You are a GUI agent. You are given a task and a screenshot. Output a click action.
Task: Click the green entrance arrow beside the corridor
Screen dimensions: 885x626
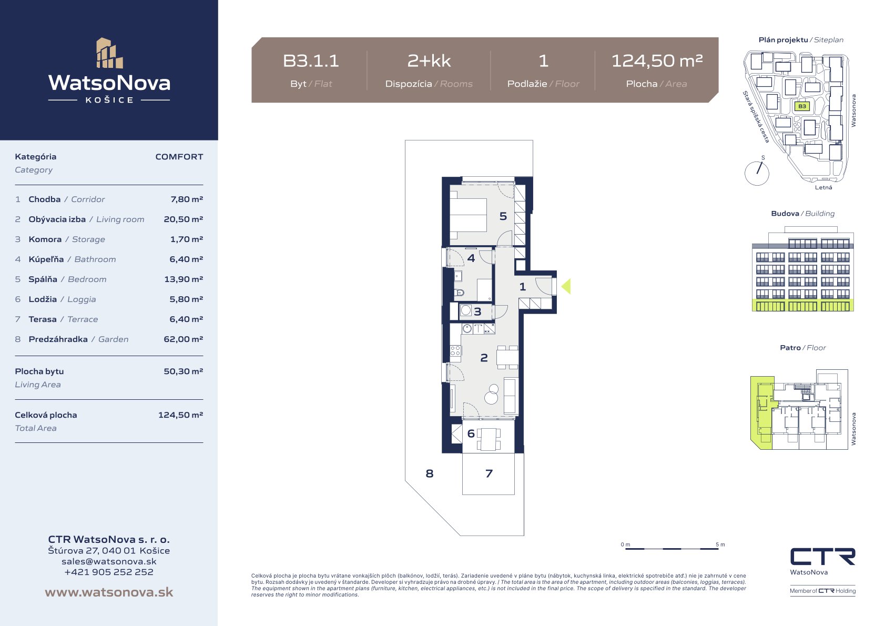click(566, 287)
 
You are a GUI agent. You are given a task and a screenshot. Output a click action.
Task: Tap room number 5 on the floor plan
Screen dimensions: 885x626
click(503, 216)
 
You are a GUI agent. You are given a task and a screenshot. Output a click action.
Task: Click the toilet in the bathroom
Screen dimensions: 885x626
click(459, 293)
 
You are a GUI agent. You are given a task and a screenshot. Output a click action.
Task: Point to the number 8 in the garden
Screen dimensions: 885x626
click(430, 473)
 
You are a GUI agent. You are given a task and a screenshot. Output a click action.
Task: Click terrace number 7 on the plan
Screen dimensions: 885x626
click(489, 473)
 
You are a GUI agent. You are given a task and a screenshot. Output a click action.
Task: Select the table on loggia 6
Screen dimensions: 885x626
click(489, 439)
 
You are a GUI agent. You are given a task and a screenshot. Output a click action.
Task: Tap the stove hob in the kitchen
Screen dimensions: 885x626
click(455, 350)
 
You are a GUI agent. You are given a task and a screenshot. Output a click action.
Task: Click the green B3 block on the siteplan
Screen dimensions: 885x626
click(802, 106)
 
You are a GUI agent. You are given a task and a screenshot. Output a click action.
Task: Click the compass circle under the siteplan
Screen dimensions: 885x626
click(757, 174)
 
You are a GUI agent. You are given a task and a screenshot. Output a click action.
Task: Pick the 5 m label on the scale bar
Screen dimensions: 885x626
click(720, 544)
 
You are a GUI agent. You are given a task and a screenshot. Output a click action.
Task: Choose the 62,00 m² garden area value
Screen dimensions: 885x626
click(184, 339)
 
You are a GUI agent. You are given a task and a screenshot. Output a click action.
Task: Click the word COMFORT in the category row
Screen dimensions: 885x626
click(179, 157)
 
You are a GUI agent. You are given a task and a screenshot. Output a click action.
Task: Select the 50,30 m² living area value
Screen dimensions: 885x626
click(184, 371)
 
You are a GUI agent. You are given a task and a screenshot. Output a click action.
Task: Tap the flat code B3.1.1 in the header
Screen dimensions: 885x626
click(311, 61)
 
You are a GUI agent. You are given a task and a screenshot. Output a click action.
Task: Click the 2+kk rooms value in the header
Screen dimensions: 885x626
click(429, 61)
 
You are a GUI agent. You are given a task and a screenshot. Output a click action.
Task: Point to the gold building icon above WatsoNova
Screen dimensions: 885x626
click(109, 53)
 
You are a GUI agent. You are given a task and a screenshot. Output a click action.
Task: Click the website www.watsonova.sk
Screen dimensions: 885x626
click(109, 592)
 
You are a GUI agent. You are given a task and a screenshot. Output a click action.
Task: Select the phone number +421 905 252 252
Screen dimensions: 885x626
click(109, 572)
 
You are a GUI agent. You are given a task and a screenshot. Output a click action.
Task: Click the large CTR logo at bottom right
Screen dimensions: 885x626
click(822, 557)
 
